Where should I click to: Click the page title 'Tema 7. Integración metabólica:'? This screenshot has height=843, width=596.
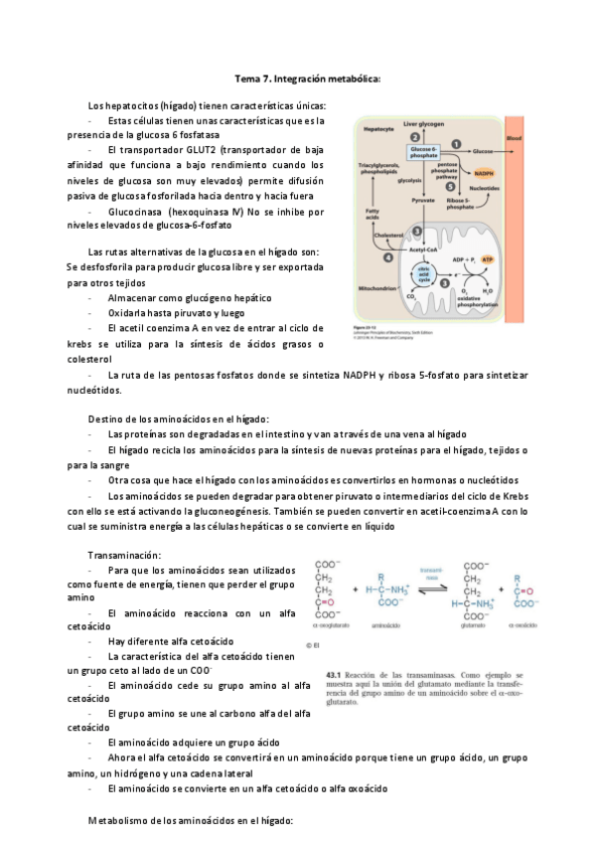coord(307,78)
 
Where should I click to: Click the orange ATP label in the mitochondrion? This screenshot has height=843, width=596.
coord(487,258)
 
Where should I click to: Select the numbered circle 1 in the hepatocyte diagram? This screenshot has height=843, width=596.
coord(456,143)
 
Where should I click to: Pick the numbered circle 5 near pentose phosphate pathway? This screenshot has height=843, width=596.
coord(450,186)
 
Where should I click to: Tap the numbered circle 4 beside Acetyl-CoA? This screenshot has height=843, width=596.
coord(387,257)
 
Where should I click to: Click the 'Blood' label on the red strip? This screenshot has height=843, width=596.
coord(514,137)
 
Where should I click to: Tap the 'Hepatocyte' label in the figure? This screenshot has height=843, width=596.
coord(379,128)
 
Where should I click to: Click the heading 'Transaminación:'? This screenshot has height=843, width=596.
coord(124,554)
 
